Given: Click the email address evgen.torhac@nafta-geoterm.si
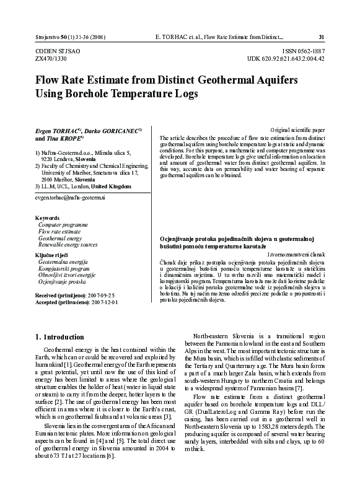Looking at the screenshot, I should point(70,197).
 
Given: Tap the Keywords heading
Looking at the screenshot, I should point(48,218).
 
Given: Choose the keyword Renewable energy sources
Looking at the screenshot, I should point(68,245).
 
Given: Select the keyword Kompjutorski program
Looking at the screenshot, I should point(64,268).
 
